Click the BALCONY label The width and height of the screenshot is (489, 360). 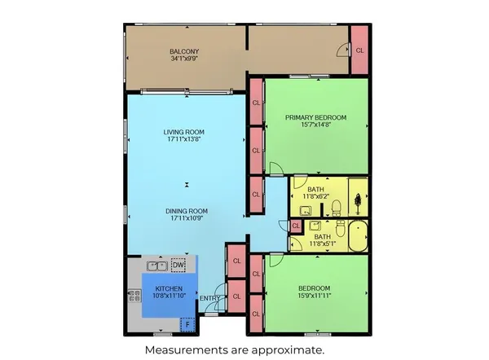coord(185,50)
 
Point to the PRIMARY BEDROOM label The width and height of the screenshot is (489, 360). coord(315,117)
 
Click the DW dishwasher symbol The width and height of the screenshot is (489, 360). coord(178,265)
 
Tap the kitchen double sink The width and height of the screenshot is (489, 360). coord(157,266)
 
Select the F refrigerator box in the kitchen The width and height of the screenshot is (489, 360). coord(187,324)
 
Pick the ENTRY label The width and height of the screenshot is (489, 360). coord(209,297)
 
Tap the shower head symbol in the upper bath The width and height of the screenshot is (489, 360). coord(358,201)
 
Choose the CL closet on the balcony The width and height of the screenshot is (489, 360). coord(359,50)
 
